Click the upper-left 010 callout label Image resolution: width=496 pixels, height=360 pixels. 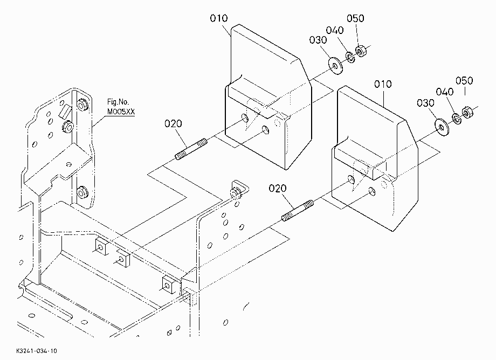(218, 18)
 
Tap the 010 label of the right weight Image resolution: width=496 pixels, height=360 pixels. (383, 84)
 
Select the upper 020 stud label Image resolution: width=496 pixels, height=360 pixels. (173, 123)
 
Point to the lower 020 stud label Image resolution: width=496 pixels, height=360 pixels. (278, 189)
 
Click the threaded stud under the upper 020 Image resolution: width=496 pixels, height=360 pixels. (191, 149)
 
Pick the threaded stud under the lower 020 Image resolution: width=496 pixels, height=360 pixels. (298, 211)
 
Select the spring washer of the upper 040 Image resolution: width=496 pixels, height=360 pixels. (350, 57)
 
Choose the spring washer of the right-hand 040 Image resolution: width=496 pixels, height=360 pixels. (457, 119)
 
